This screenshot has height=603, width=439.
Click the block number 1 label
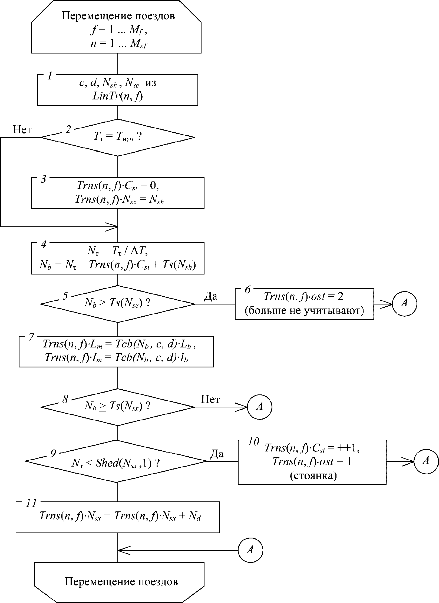[x=50, y=76]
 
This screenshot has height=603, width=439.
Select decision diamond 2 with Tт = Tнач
[x=118, y=138]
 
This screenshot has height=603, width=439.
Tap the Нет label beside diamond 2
[x=22, y=130]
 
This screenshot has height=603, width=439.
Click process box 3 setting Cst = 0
[x=118, y=193]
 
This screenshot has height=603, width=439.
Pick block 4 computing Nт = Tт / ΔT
[x=118, y=258]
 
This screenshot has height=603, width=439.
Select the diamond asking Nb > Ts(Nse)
[x=118, y=304]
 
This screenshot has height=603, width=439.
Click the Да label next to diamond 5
[x=210, y=296]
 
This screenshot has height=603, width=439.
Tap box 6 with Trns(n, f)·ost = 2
[x=304, y=304]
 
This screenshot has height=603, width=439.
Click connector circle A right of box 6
[x=404, y=303]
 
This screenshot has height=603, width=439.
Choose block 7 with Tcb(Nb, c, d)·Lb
[x=116, y=351]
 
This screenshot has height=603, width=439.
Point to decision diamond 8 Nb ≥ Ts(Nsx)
[x=118, y=407]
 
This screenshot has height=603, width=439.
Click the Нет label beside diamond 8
[x=210, y=399]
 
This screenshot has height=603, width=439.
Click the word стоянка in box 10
[x=313, y=475]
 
